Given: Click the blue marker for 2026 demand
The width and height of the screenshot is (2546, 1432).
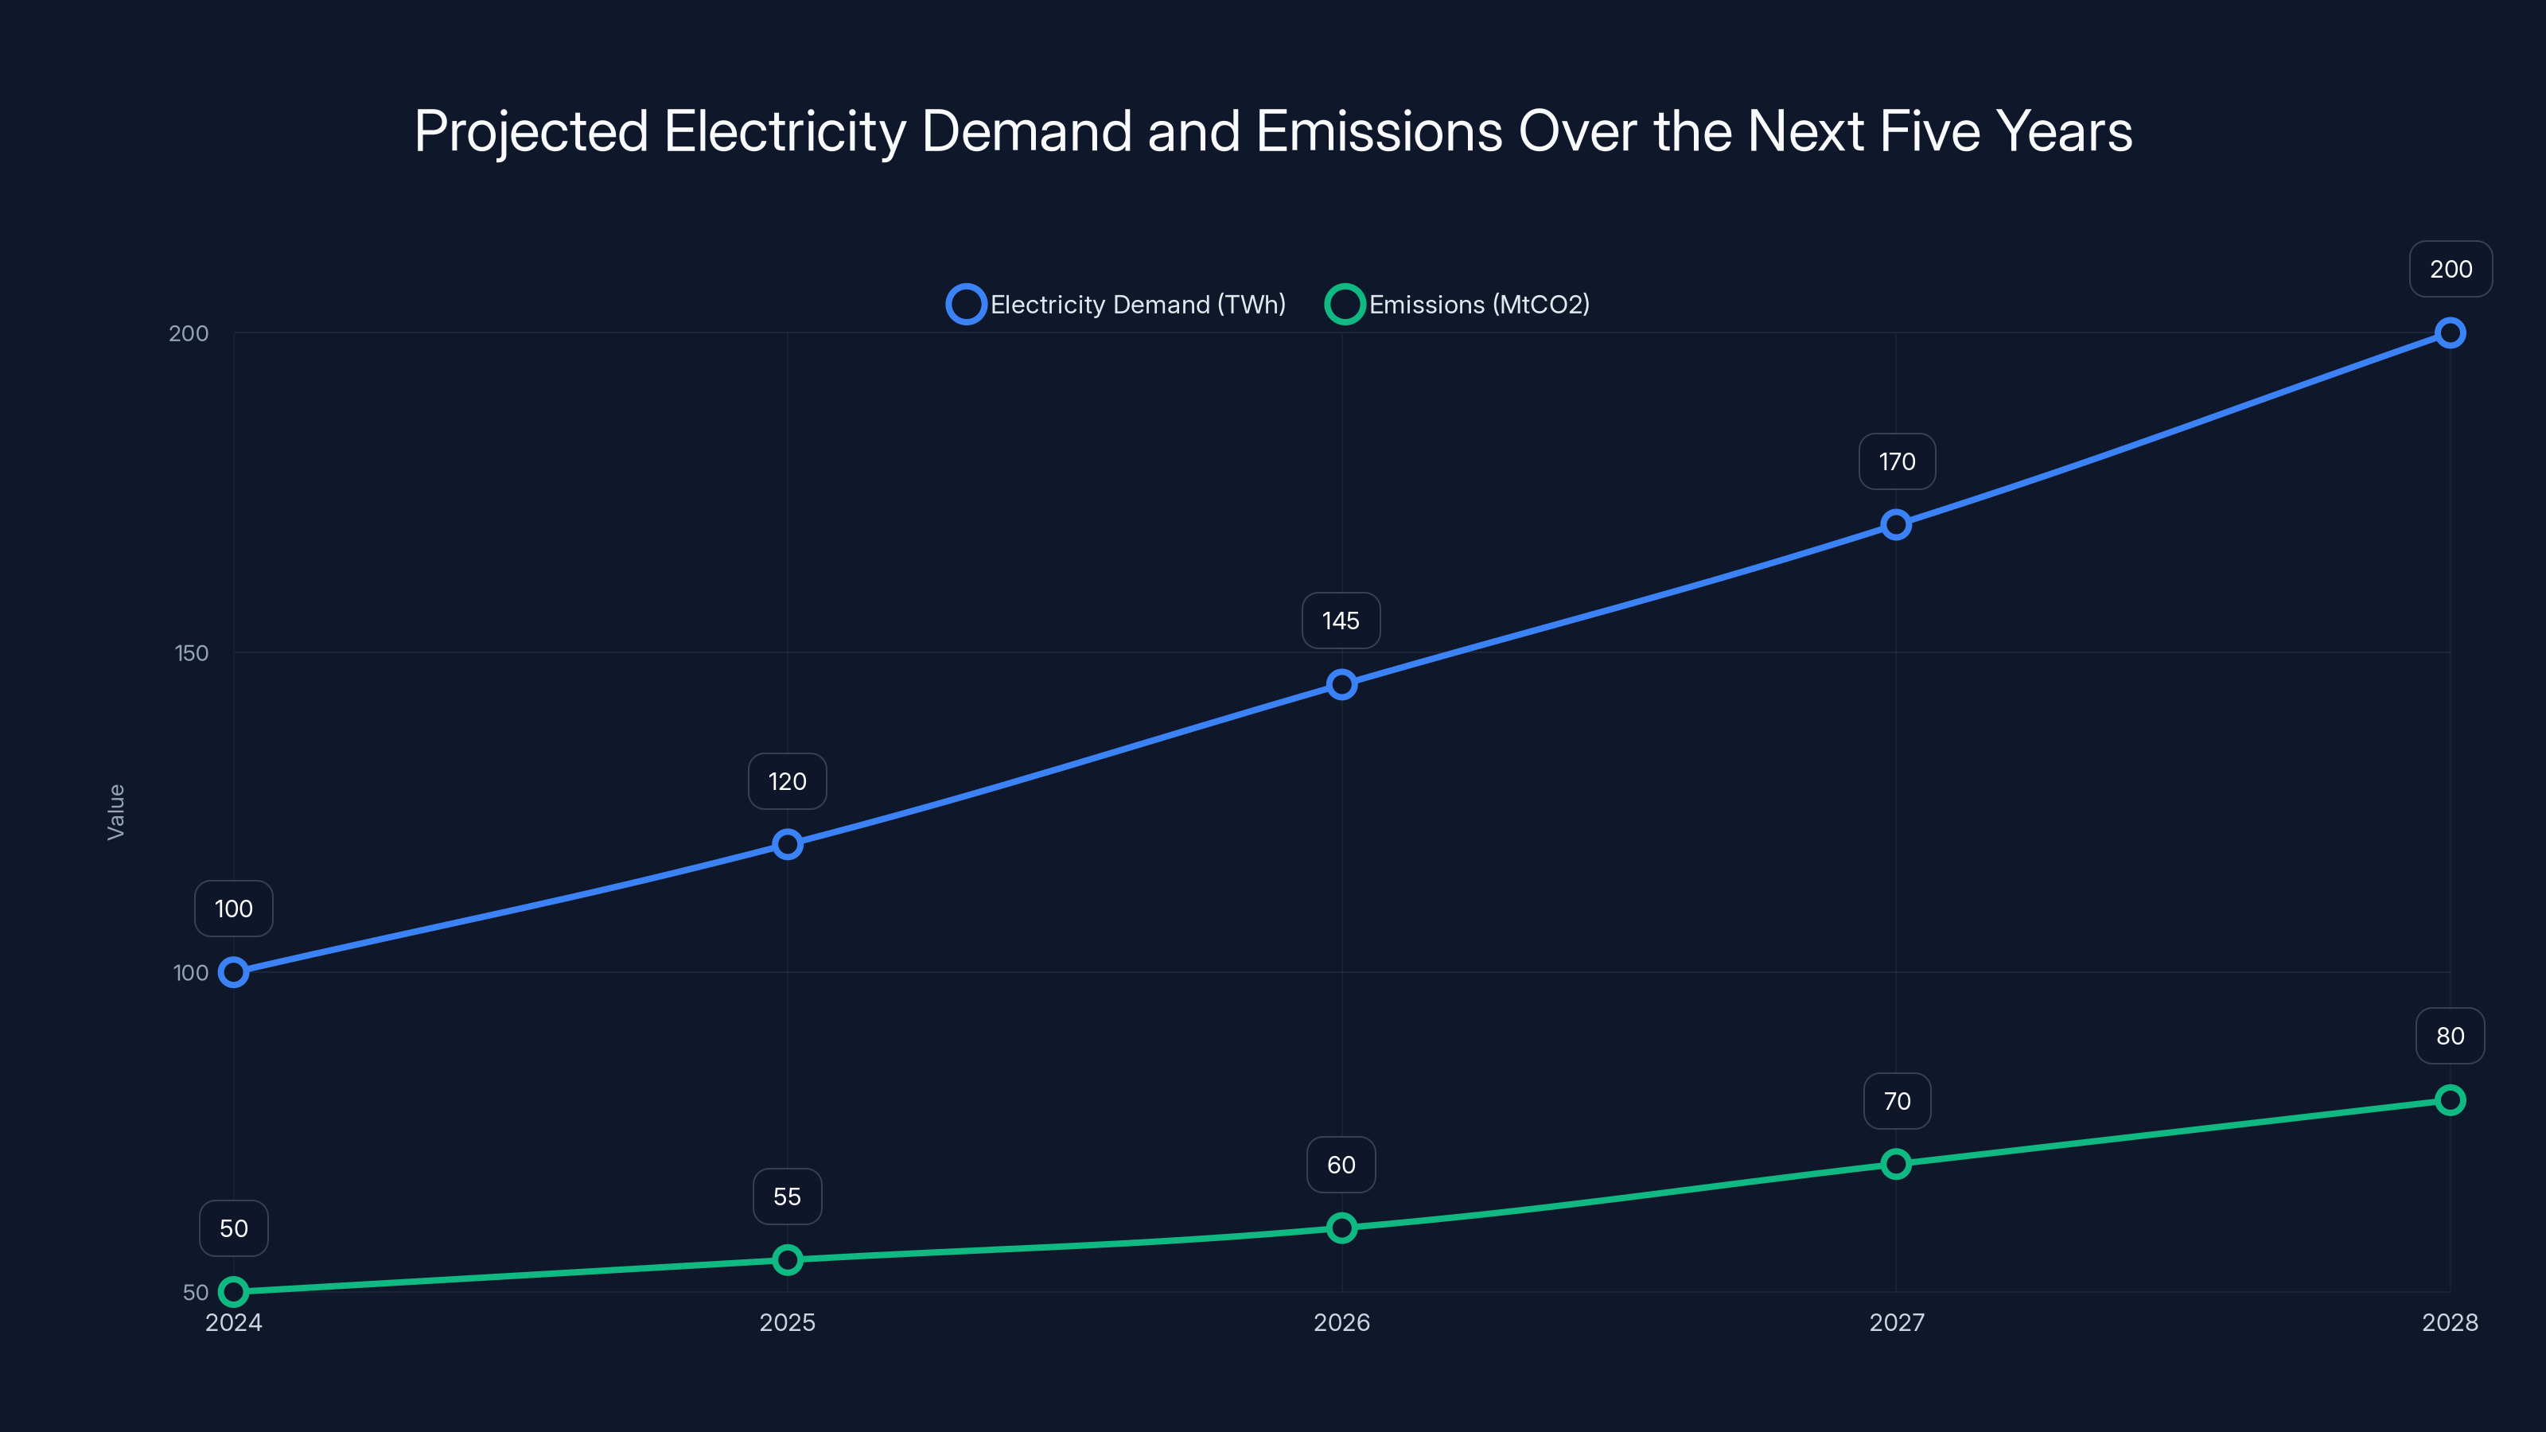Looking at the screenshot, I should click(x=1341, y=684).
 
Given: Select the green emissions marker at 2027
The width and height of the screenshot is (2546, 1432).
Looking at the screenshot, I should click(x=1896, y=1163).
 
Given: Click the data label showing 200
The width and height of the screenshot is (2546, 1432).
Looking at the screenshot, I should click(x=2451, y=269).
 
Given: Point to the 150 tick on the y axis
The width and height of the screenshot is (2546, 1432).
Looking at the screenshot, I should click(x=192, y=653).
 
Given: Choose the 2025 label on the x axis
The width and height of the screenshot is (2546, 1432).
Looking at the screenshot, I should click(x=787, y=1322).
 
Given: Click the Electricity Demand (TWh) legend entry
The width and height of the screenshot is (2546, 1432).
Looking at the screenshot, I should click(x=1117, y=305).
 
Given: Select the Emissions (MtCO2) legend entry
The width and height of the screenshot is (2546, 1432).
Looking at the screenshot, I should click(x=1459, y=305).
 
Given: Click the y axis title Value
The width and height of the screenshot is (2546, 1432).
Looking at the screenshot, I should click(x=115, y=811).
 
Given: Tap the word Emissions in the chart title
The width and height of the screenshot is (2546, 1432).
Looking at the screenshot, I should click(x=1379, y=131).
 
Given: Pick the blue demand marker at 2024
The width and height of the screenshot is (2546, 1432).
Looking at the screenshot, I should click(x=233, y=972).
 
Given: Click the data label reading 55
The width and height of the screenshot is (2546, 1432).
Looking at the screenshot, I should click(x=787, y=1197).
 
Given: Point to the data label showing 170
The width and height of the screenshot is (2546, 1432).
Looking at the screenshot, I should click(x=1897, y=461).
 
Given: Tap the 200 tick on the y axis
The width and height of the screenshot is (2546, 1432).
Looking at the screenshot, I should click(x=189, y=333).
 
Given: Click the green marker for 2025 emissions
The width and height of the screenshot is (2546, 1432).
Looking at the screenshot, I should click(x=787, y=1259).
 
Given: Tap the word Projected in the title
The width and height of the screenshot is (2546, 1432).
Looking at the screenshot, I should click(x=531, y=131).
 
